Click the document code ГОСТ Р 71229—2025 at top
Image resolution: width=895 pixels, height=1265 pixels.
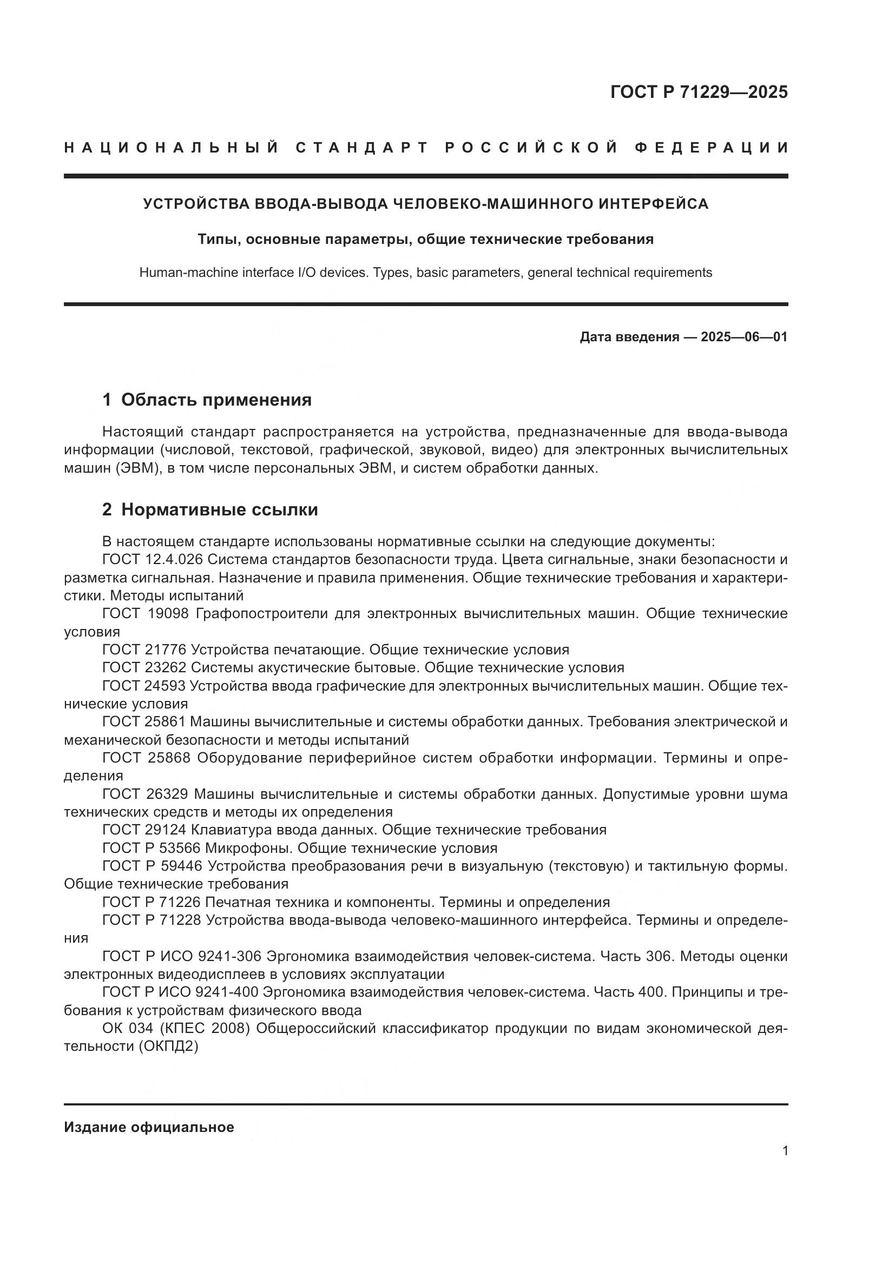699,91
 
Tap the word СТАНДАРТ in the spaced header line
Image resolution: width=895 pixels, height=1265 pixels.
362,148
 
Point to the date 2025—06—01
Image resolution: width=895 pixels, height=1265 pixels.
744,336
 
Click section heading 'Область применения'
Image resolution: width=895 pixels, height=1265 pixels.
216,400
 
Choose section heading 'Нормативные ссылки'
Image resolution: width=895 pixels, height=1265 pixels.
219,509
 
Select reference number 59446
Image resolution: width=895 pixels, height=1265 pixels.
180,866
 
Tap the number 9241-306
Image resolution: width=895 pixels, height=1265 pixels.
232,957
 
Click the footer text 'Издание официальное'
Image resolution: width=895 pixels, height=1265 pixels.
149,1127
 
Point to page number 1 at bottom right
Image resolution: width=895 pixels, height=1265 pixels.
785,1150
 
